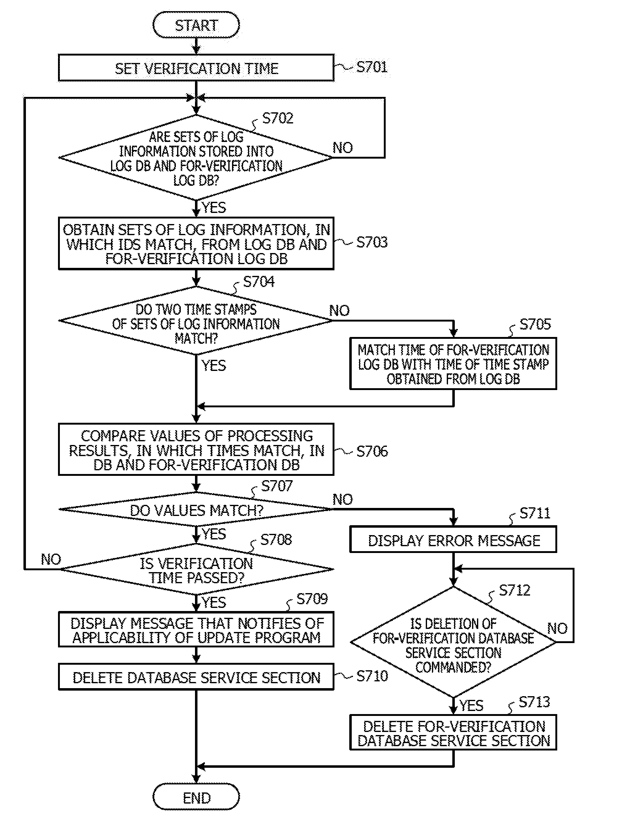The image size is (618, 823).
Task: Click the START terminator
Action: click(x=196, y=25)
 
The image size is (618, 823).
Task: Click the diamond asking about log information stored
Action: click(x=196, y=158)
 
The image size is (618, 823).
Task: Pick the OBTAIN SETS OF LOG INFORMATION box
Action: click(x=196, y=244)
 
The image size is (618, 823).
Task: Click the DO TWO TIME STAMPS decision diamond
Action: click(x=196, y=321)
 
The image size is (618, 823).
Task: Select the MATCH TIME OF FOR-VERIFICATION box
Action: click(x=453, y=364)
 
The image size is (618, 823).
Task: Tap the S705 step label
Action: click(x=535, y=324)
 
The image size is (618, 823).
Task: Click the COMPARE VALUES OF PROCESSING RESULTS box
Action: click(x=196, y=449)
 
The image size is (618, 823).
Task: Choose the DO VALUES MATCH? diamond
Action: click(x=196, y=510)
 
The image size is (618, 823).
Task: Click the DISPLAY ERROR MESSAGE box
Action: click(x=453, y=540)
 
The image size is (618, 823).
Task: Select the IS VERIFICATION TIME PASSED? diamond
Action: click(x=196, y=570)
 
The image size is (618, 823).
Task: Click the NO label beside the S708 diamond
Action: click(x=51, y=559)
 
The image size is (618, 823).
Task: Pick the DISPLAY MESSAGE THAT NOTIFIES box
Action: click(x=196, y=630)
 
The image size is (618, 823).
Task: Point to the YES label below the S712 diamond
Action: click(x=471, y=705)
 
